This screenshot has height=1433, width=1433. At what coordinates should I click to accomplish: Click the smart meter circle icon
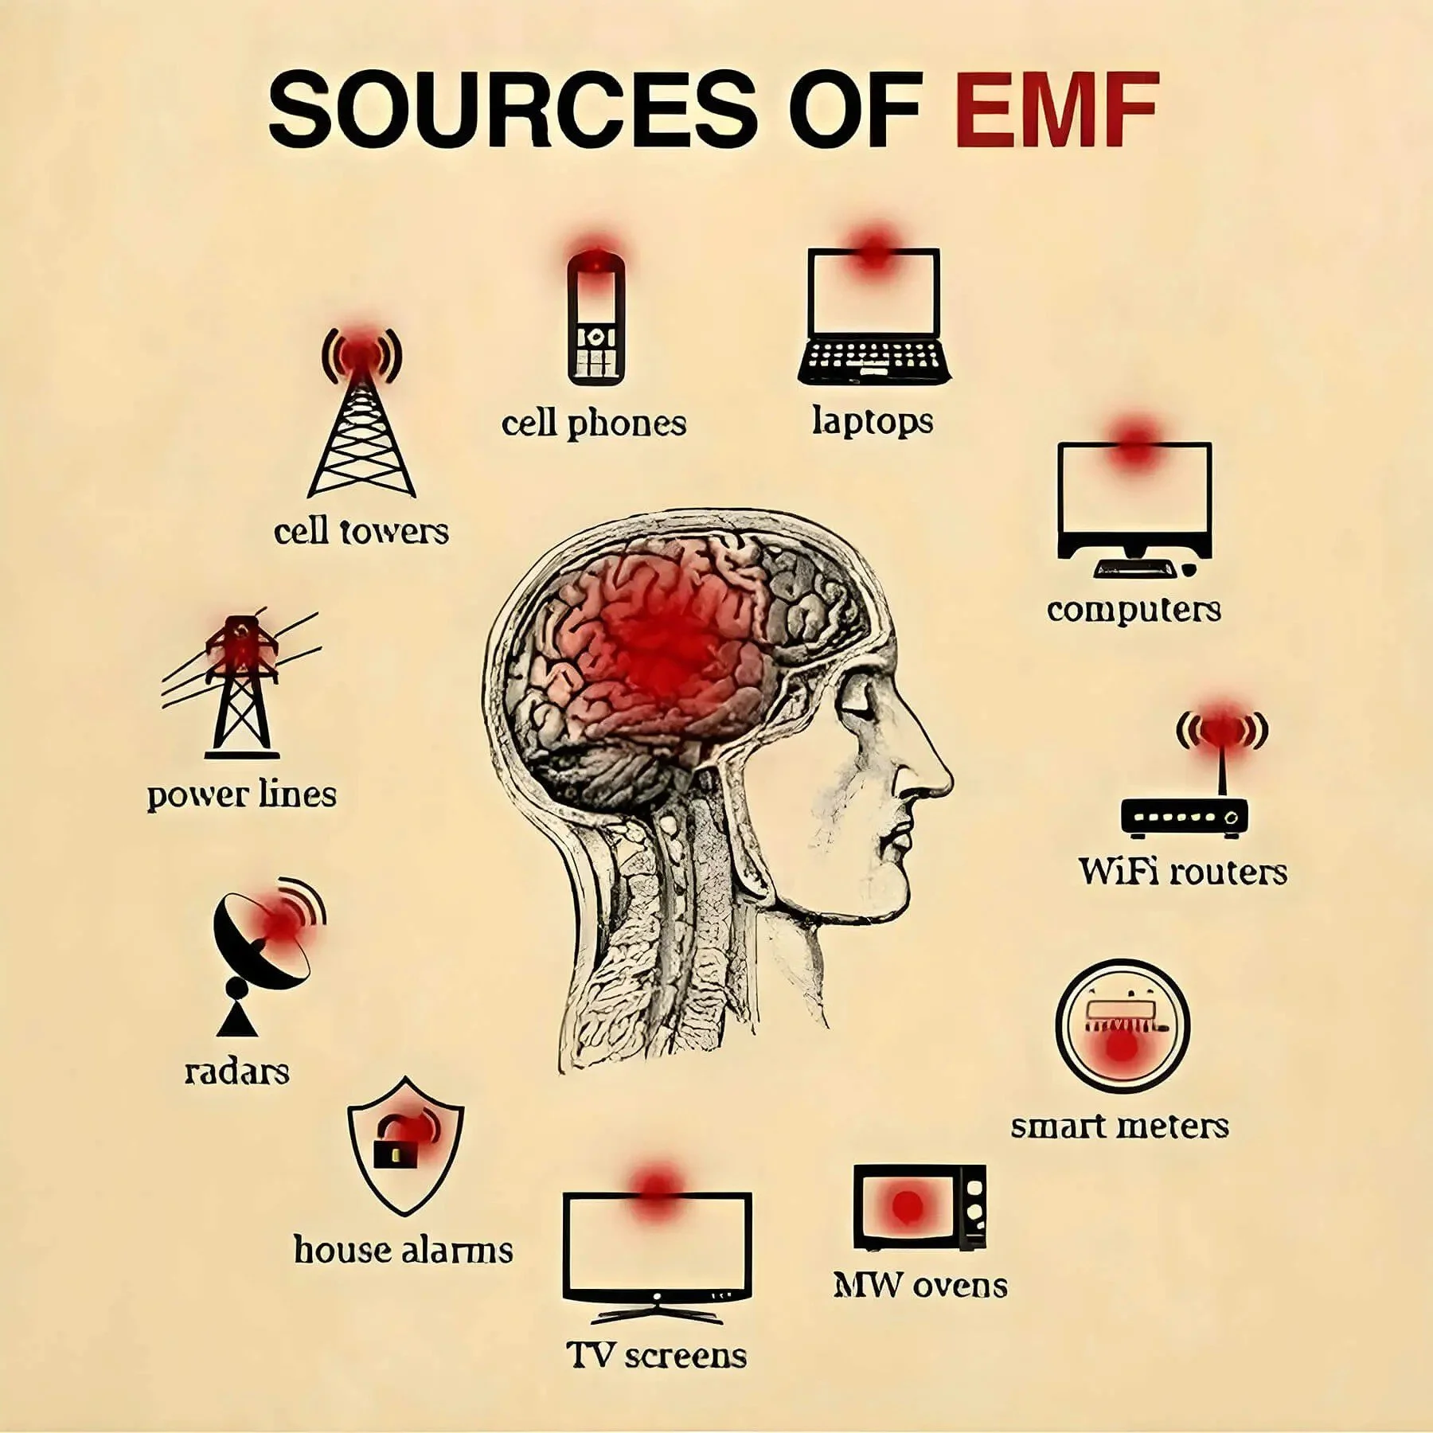pos(1122,1027)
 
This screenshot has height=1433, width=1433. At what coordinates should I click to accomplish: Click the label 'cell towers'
pos(361,531)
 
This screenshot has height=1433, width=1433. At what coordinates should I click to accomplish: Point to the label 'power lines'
pos(242,795)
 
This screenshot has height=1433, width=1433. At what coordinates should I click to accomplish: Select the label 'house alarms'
pos(403,1250)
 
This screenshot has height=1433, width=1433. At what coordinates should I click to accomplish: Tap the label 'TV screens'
pos(657,1355)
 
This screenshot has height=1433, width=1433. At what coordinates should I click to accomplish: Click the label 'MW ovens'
pos(920,1285)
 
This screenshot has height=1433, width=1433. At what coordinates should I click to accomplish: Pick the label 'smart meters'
pos(1119,1126)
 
